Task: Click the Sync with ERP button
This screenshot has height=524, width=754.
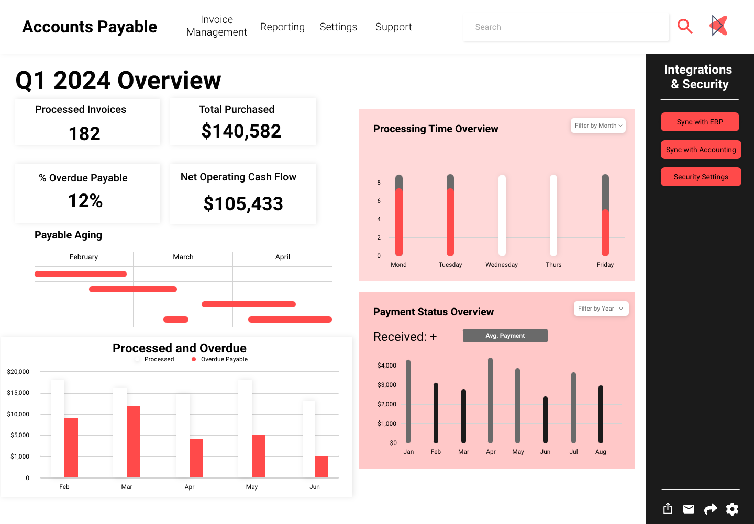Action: pyautogui.click(x=700, y=122)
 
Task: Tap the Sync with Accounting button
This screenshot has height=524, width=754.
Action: pyautogui.click(x=701, y=150)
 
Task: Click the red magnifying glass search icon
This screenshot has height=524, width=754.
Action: pyautogui.click(x=685, y=26)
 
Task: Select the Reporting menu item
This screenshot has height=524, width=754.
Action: pyautogui.click(x=282, y=27)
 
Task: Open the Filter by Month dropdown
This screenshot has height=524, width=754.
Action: pyautogui.click(x=598, y=126)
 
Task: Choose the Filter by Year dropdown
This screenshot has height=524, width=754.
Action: pyautogui.click(x=601, y=309)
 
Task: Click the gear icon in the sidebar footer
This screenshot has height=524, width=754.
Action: pyautogui.click(x=732, y=509)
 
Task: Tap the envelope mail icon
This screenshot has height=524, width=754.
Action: pyautogui.click(x=689, y=509)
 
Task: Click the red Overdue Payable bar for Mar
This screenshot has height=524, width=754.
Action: pyautogui.click(x=134, y=441)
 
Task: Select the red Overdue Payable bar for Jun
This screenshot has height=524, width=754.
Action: pyautogui.click(x=321, y=466)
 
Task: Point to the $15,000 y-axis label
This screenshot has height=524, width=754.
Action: pyautogui.click(x=18, y=393)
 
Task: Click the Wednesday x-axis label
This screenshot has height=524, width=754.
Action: pyautogui.click(x=501, y=265)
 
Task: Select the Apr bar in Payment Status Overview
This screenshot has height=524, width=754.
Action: pyautogui.click(x=491, y=400)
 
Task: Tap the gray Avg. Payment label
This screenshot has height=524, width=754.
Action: pyautogui.click(x=505, y=336)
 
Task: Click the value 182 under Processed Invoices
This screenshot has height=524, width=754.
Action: pyautogui.click(x=84, y=134)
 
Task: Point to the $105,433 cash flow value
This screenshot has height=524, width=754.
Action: pyautogui.click(x=243, y=204)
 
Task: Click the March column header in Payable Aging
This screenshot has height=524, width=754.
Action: pyautogui.click(x=183, y=257)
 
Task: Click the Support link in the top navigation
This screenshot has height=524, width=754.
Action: pyautogui.click(x=393, y=27)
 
